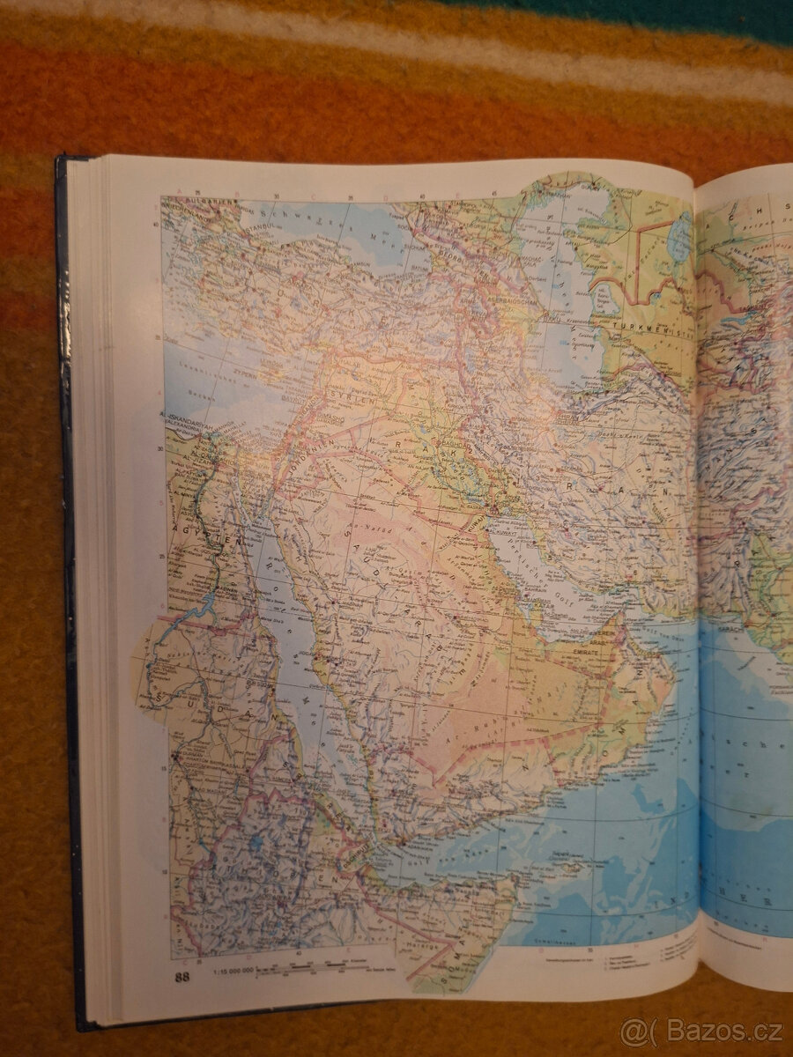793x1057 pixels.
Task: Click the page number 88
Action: (182, 976)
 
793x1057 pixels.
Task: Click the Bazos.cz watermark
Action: (701, 1031)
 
